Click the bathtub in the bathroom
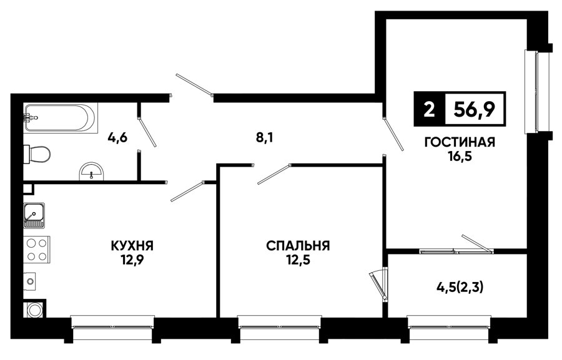click(x=60, y=118)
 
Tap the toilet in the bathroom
click(x=37, y=154)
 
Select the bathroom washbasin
click(x=91, y=171)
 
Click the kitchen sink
click(x=34, y=215)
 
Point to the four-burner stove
click(x=37, y=250)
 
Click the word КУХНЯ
click(x=132, y=246)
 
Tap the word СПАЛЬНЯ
click(x=298, y=246)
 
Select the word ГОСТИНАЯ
click(x=460, y=142)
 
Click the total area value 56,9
click(x=474, y=109)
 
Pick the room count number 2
click(x=429, y=109)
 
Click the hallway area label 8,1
click(x=265, y=137)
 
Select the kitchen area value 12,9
click(x=132, y=260)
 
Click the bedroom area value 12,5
click(x=298, y=260)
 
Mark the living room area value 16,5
click(x=460, y=156)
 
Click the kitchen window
click(x=112, y=327)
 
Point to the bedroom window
click(x=280, y=327)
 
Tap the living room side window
click(x=537, y=91)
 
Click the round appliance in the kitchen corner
click(x=34, y=310)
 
